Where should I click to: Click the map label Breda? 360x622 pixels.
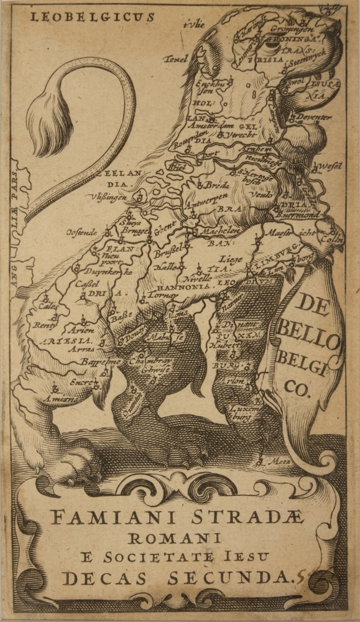217,185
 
